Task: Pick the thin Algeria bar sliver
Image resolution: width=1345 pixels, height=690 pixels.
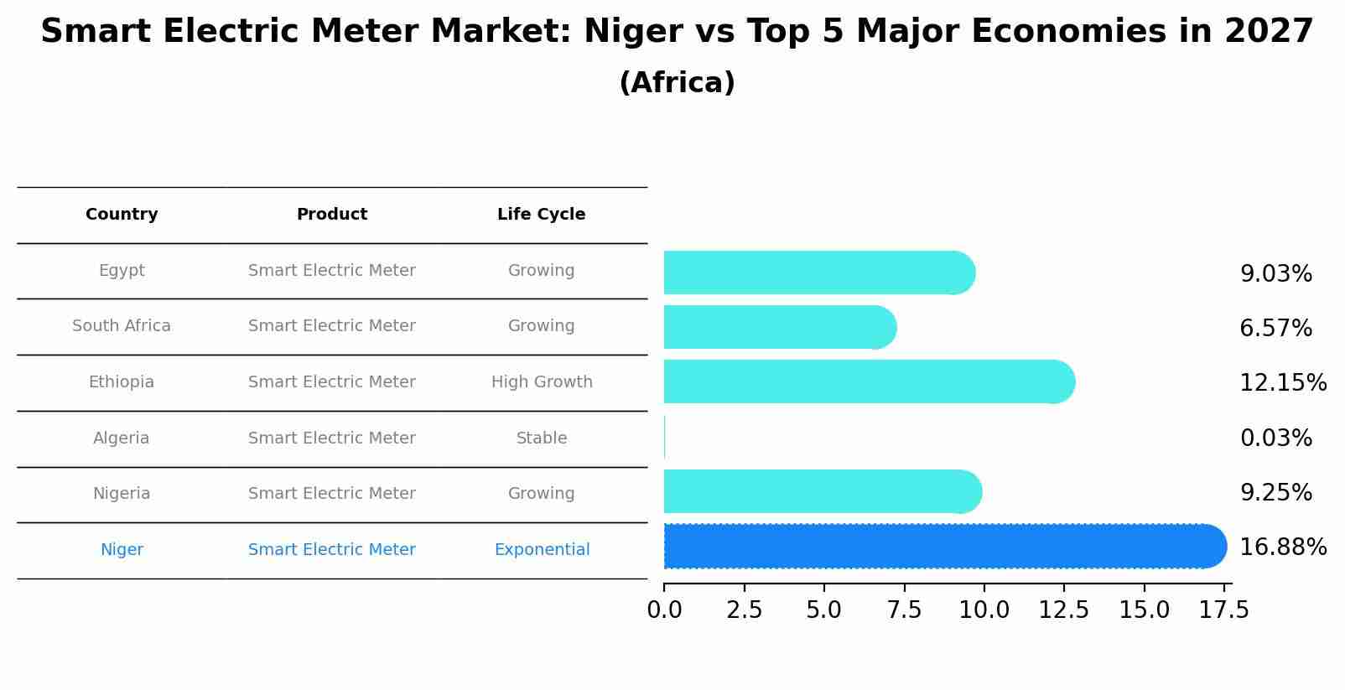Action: tap(664, 437)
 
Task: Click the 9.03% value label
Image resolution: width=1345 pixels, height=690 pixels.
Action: tap(1275, 274)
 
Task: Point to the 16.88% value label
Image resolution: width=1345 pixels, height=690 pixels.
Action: tap(1282, 547)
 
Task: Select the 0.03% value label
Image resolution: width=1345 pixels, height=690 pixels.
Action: tap(1275, 438)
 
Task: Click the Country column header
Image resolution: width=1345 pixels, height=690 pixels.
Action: tap(122, 215)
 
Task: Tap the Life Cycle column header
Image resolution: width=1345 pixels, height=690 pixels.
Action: tap(541, 215)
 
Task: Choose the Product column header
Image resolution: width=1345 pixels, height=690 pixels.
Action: tap(332, 215)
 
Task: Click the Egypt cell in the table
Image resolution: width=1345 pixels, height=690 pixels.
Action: tap(122, 271)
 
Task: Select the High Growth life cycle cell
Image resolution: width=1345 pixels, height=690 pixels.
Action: tap(542, 382)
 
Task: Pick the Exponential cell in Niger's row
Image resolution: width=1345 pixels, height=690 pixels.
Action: tap(542, 550)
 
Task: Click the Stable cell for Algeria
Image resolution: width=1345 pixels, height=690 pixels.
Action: tap(542, 438)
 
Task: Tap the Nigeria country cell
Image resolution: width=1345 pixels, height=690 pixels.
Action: tap(122, 494)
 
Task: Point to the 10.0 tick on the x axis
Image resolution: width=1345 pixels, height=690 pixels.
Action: tap(984, 610)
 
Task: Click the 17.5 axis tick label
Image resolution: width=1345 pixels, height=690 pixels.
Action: tap(1223, 610)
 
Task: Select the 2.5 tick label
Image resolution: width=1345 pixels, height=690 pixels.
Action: tap(744, 610)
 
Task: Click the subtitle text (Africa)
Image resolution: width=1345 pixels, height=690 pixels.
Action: tap(677, 83)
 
